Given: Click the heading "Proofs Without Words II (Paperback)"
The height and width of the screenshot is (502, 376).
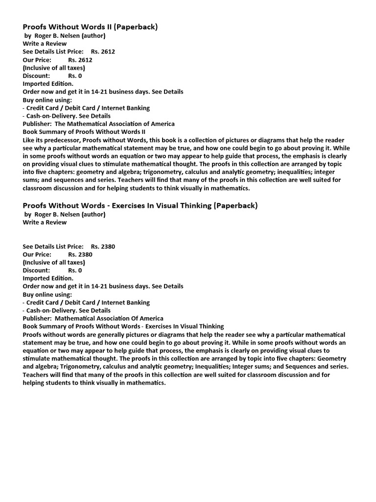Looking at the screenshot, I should (x=90, y=27).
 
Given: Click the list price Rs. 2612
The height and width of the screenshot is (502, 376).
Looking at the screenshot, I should (x=103, y=51).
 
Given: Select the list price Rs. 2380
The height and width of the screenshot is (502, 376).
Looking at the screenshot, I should (x=103, y=246).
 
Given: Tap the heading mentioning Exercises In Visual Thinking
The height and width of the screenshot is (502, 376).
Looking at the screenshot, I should (x=140, y=205).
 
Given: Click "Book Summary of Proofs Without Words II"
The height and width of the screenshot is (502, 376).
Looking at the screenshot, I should (x=84, y=131).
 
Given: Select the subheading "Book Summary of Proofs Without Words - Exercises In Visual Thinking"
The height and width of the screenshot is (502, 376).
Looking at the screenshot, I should (x=123, y=326).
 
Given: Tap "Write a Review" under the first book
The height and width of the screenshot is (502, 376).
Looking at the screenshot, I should (x=45, y=44).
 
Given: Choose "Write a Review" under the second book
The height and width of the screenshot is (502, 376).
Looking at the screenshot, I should (x=45, y=222).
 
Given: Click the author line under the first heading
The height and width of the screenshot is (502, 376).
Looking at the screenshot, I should (x=65, y=35).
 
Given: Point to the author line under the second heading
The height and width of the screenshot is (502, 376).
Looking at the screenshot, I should (x=65, y=214).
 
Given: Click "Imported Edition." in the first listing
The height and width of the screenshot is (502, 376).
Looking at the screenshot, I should (x=48, y=83).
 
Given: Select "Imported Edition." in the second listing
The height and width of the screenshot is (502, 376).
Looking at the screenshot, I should (x=48, y=278).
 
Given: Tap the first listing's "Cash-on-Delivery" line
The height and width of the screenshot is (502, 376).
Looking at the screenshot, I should (x=67, y=116).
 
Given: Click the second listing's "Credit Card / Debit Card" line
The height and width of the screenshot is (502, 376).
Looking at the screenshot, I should (x=86, y=302).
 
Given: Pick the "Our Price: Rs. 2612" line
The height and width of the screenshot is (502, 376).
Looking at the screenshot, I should (x=57, y=60).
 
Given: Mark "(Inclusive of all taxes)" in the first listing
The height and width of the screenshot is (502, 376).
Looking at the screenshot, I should (x=54, y=68).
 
